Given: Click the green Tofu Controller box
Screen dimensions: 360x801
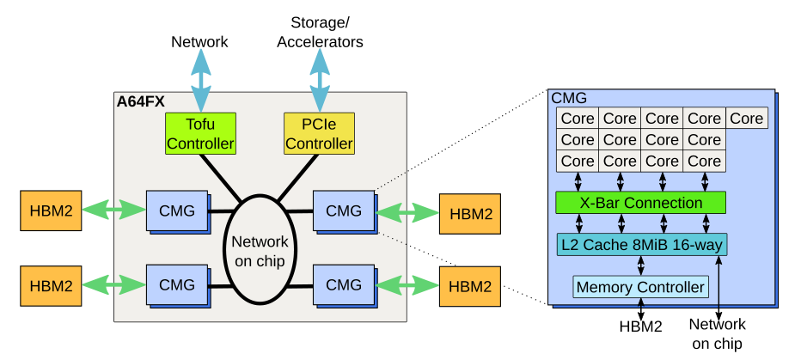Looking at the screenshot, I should [x=200, y=134].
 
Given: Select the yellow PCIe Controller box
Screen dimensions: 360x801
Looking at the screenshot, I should [x=319, y=134].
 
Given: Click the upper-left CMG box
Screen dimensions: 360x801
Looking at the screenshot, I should [x=177, y=211].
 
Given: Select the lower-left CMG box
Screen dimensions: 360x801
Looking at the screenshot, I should [x=177, y=284].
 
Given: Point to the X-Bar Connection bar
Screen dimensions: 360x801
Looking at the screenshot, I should [x=640, y=203].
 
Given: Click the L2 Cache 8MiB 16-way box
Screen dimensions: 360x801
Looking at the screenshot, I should [x=640, y=245].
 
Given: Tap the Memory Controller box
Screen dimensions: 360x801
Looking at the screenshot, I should [x=640, y=286].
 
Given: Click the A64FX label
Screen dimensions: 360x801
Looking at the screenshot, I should [x=141, y=101].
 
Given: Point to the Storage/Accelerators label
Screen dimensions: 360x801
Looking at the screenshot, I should [x=320, y=33].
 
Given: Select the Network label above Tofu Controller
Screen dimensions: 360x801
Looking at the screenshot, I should [x=199, y=41].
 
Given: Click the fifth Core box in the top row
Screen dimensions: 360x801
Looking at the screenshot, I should [x=747, y=119].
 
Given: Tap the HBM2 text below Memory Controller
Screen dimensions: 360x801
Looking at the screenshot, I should [x=640, y=326].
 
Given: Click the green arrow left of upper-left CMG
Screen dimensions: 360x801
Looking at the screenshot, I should [x=113, y=209].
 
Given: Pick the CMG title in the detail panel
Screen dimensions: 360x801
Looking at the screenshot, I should [x=569, y=99].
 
